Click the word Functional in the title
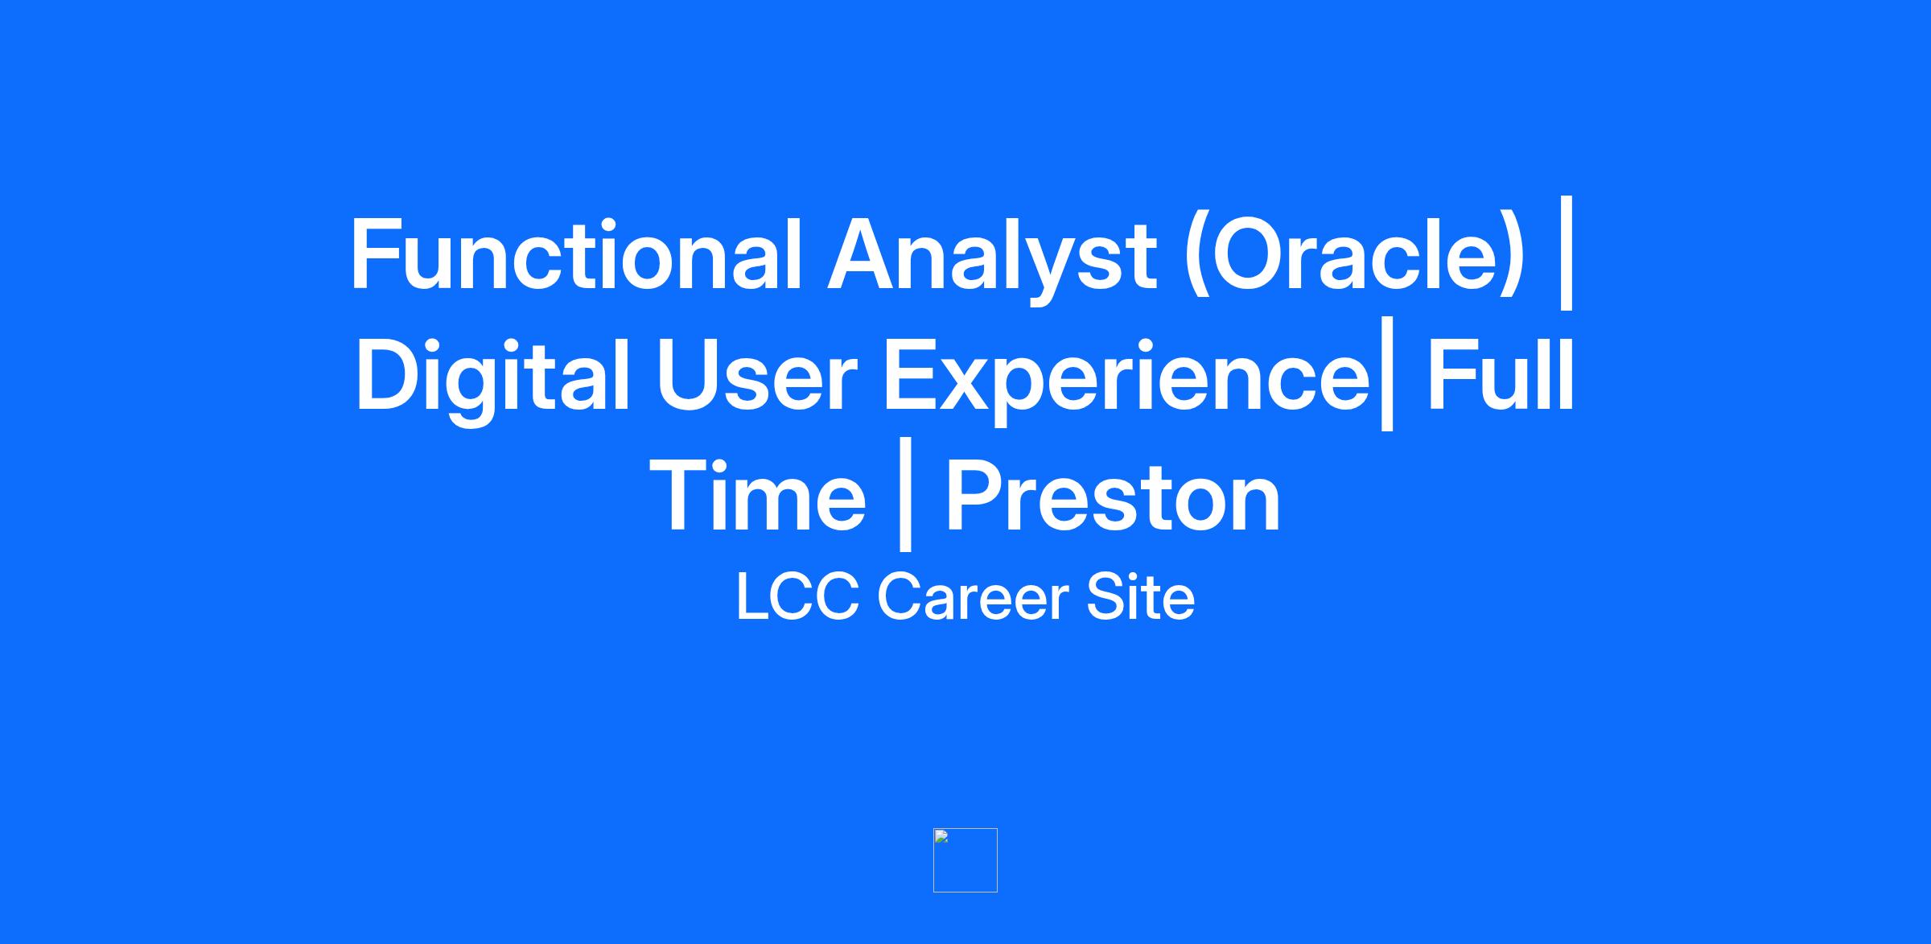click(x=576, y=254)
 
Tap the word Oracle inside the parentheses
click(x=1349, y=254)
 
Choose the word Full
click(x=1500, y=374)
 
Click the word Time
click(x=756, y=496)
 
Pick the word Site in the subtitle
click(x=1140, y=596)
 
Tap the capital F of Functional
click(x=375, y=254)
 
